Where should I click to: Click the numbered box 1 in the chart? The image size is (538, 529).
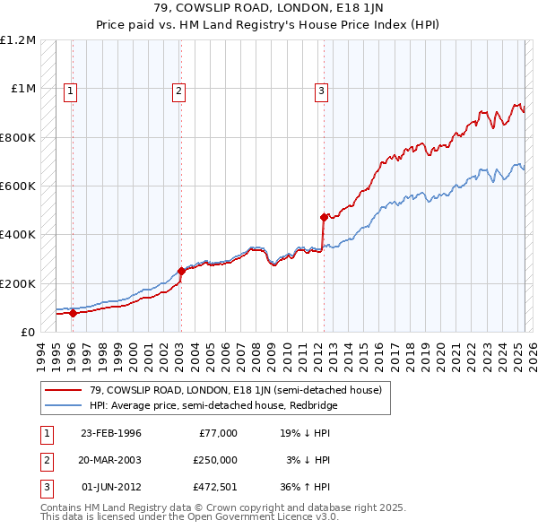click(x=70, y=90)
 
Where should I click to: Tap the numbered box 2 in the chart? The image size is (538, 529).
click(x=179, y=90)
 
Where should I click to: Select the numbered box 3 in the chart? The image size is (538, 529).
click(x=321, y=90)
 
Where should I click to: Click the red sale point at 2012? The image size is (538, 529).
click(x=324, y=216)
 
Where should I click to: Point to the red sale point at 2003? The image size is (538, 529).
click(x=181, y=271)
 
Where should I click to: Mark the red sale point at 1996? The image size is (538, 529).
click(x=73, y=313)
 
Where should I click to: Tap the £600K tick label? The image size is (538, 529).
click(x=18, y=186)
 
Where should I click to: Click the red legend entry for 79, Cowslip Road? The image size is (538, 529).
click(x=236, y=390)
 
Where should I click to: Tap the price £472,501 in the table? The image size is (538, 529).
click(x=216, y=488)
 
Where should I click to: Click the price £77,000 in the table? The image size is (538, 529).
click(x=218, y=432)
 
